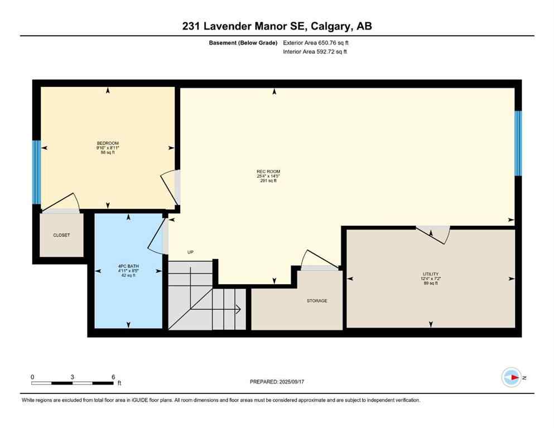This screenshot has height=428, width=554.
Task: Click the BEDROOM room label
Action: (x=108, y=143)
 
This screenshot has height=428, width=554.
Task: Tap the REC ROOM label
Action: (x=265, y=172)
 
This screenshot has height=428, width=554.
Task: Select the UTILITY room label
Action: (x=430, y=274)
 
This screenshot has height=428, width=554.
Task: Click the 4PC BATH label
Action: (x=129, y=266)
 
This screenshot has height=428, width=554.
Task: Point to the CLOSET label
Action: (x=61, y=235)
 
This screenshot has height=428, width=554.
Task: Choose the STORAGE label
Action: (x=317, y=300)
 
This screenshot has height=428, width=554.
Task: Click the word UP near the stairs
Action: (x=190, y=252)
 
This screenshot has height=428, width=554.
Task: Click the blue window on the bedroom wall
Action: (x=36, y=172)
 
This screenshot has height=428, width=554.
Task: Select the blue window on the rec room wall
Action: (x=518, y=143)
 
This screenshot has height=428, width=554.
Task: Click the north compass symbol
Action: (x=511, y=377)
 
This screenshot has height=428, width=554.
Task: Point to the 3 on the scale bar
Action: (x=73, y=377)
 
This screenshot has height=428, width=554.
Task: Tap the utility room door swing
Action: (x=437, y=234)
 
